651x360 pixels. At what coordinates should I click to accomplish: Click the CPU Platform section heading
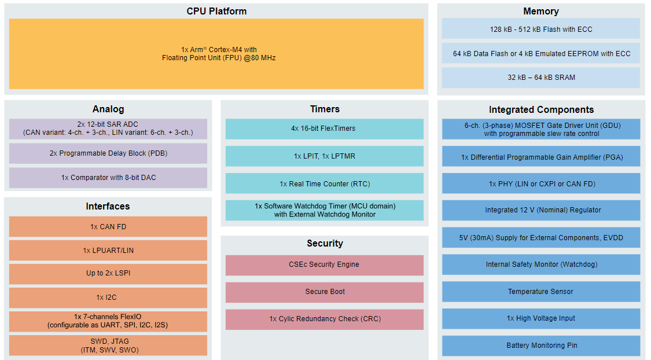tap(216, 12)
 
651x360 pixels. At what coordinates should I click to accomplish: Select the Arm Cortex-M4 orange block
tap(216, 54)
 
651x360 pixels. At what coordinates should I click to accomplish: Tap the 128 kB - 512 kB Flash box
tap(540, 29)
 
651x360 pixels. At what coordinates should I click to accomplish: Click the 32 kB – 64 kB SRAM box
tap(540, 78)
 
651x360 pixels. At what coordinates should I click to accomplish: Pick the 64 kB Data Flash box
tap(540, 53)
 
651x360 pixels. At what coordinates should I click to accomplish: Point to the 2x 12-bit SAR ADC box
tap(108, 128)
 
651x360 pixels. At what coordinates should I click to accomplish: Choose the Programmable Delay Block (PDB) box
tap(108, 153)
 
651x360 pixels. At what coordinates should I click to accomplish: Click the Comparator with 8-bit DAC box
tap(108, 178)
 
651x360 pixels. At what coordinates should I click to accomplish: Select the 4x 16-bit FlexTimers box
tap(325, 128)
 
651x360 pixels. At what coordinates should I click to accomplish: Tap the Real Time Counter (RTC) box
tap(325, 183)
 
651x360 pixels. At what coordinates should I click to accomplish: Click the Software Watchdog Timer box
tap(325, 210)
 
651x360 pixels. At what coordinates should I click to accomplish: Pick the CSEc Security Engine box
tap(325, 265)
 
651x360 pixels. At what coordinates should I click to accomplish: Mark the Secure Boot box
tap(325, 292)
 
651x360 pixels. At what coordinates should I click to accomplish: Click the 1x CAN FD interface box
tap(108, 227)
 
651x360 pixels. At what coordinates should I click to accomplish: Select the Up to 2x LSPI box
tap(108, 273)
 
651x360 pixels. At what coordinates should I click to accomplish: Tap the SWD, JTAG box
tap(108, 346)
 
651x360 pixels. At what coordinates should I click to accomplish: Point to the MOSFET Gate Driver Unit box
tap(540, 129)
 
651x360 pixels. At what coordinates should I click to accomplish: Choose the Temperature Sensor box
tap(540, 292)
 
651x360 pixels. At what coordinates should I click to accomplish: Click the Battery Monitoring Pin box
tap(540, 346)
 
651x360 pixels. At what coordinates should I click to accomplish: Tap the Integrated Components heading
tap(540, 109)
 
